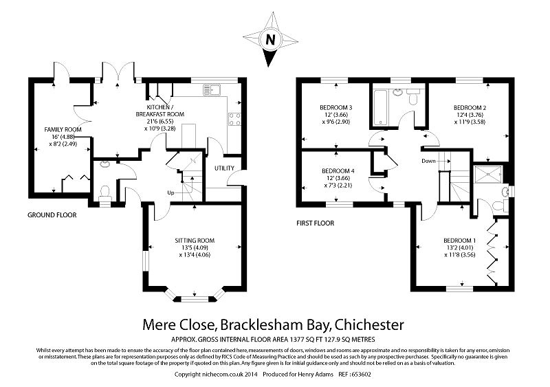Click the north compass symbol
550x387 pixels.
tap(271, 39)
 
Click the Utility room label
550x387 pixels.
tap(224, 168)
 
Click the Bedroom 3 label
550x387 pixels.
tap(336, 108)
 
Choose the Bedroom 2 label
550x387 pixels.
tap(470, 108)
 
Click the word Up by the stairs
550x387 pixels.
tap(170, 192)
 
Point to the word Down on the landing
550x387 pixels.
tap(429, 161)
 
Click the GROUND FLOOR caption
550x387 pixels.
tap(52, 215)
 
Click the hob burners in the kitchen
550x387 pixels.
tap(234, 118)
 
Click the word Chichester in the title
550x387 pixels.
tap(366, 324)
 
